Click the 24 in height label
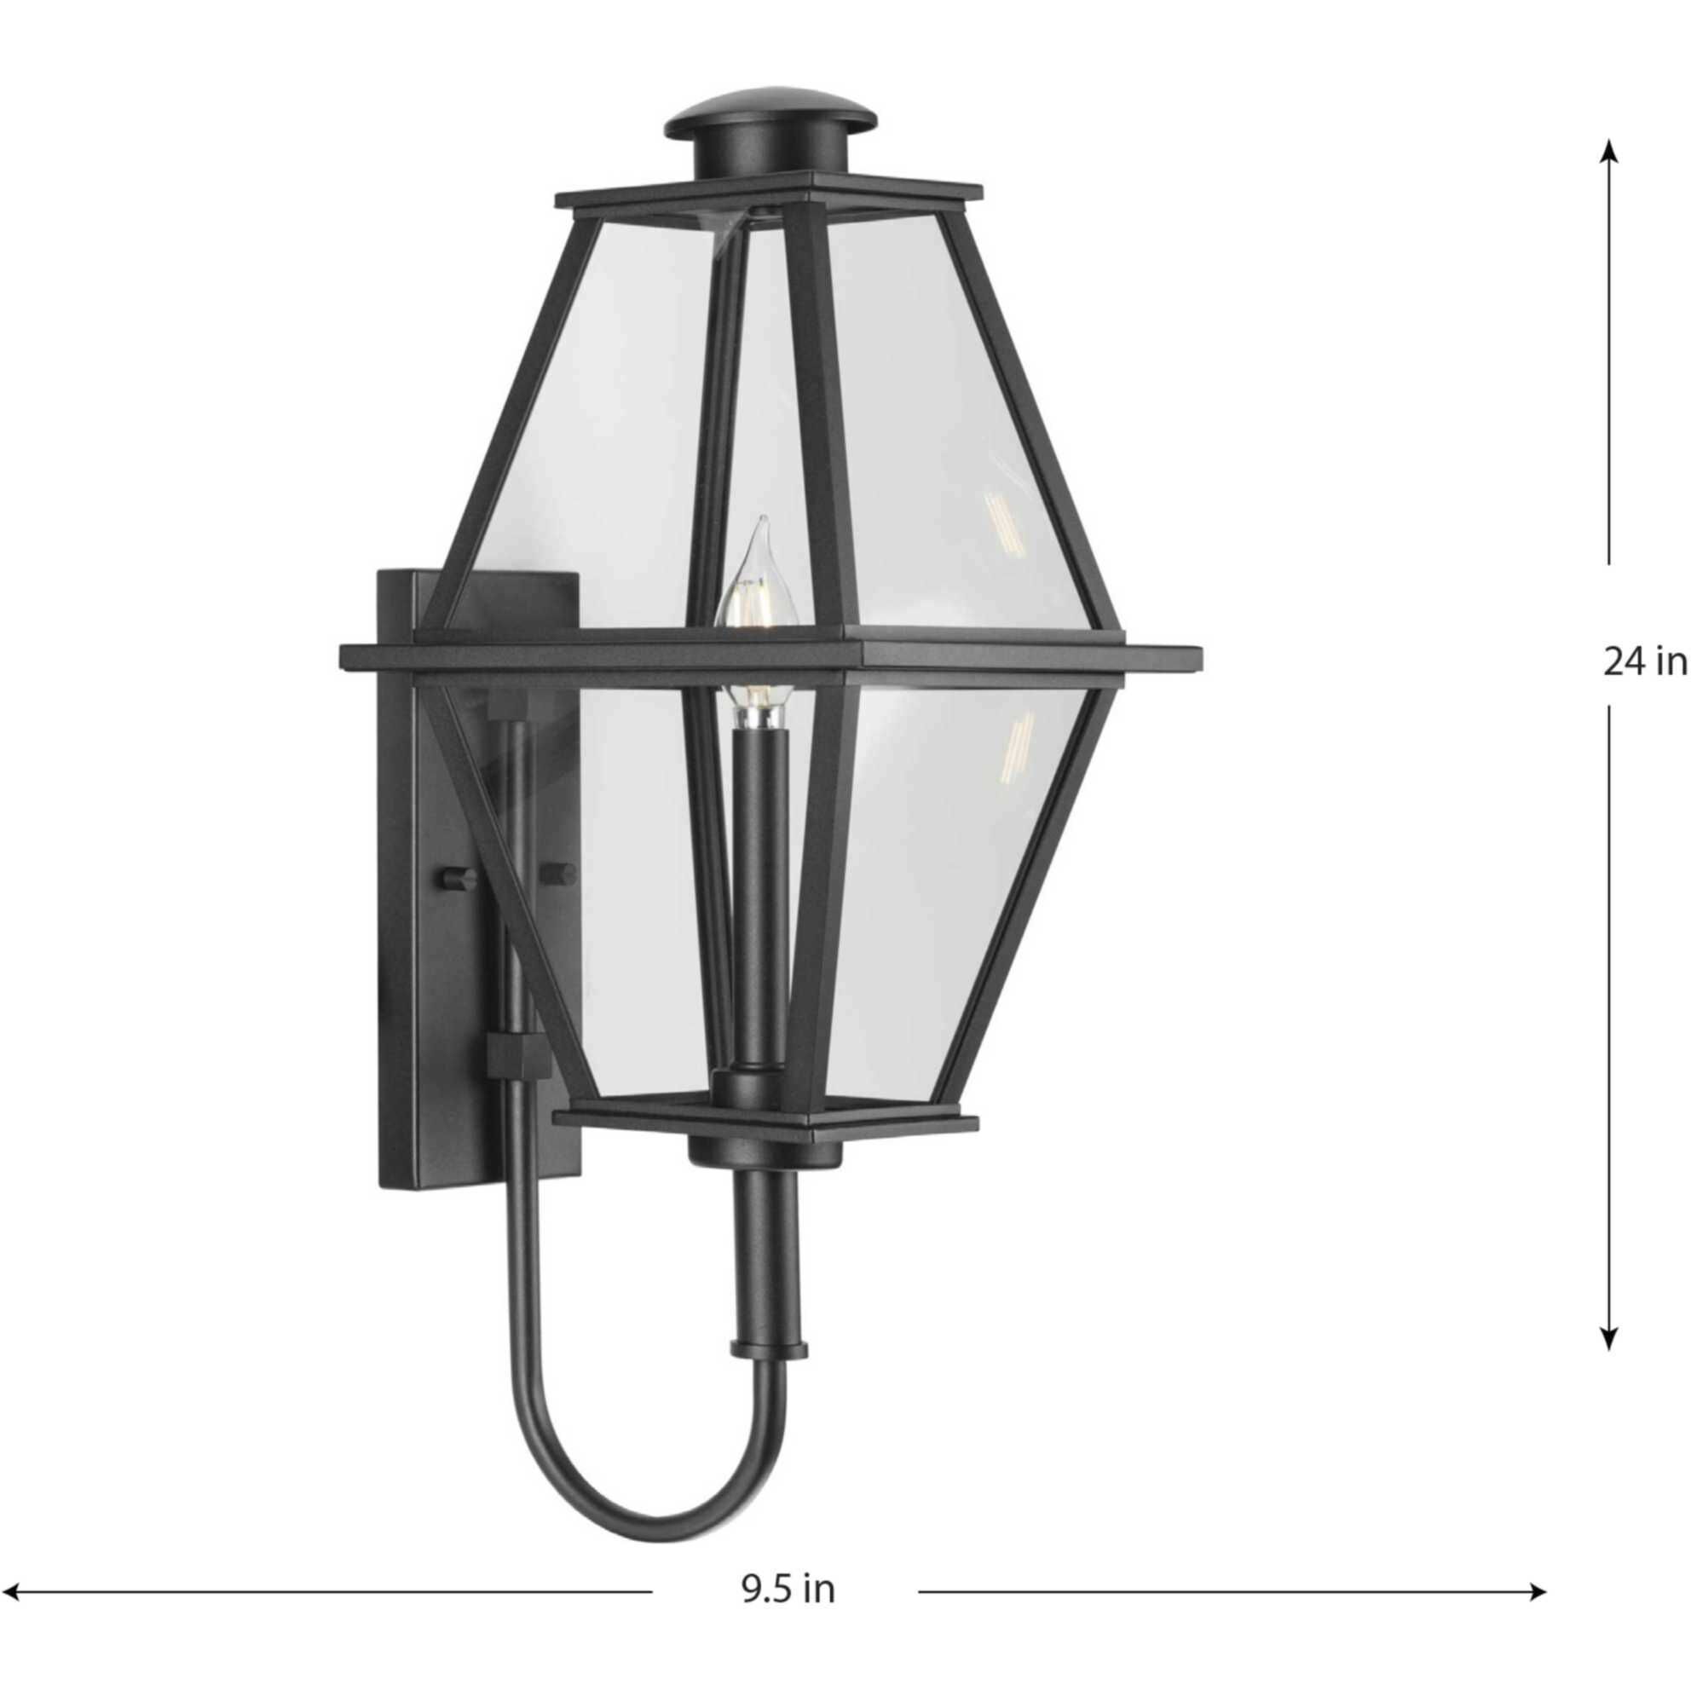pos(1644,661)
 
